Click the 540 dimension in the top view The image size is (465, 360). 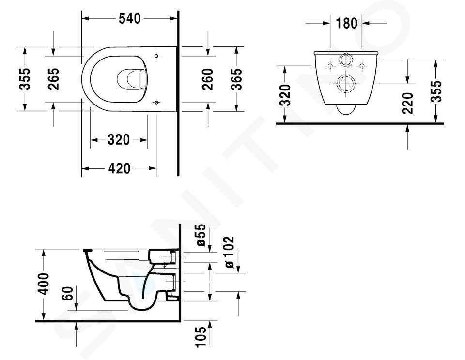[130, 19]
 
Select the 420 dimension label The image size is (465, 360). [119, 168]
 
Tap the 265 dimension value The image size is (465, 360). [54, 79]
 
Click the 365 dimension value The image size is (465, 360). [236, 79]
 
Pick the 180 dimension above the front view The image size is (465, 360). [347, 23]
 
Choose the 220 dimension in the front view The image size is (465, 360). [408, 103]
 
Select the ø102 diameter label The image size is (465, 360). [229, 252]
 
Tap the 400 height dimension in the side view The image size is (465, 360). [44, 284]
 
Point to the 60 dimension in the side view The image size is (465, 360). [68, 294]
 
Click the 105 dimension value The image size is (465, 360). [201, 337]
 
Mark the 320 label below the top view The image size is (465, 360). [119, 140]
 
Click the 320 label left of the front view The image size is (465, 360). [285, 95]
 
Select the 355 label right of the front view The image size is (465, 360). [436, 91]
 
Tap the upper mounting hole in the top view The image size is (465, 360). [156, 56]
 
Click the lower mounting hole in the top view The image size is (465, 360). [156, 103]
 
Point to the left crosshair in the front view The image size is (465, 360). [330, 65]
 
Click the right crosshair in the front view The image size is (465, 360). [362, 65]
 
